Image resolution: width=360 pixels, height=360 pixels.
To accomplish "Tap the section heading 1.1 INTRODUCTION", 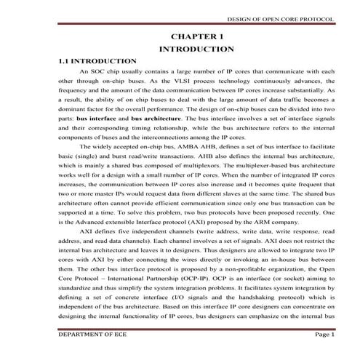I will coord(97,62).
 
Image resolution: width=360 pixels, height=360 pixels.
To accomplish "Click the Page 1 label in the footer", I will coord(323,335).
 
